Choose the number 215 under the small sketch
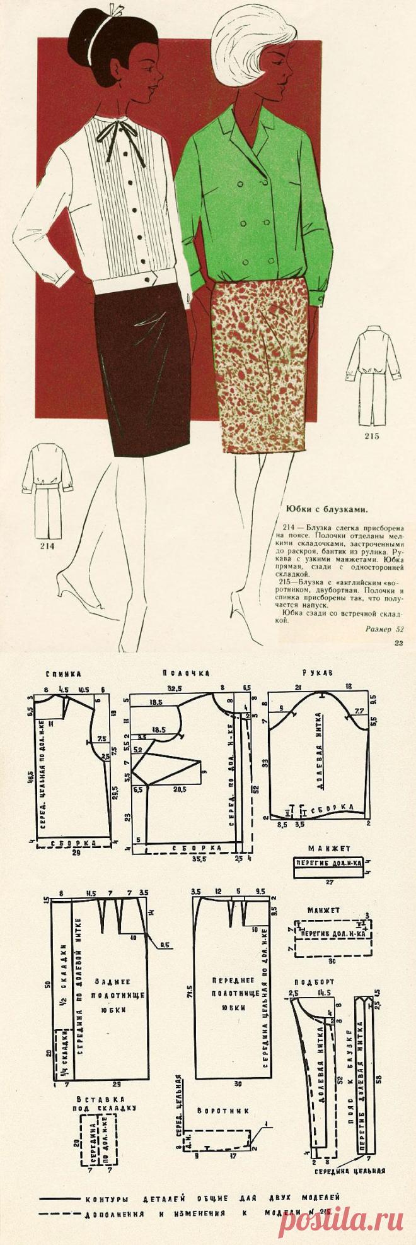pyautogui.click(x=371, y=436)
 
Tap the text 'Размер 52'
pyautogui.click(x=384, y=628)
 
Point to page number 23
pyautogui.click(x=398, y=643)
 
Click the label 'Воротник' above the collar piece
pyautogui.click(x=214, y=1110)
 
